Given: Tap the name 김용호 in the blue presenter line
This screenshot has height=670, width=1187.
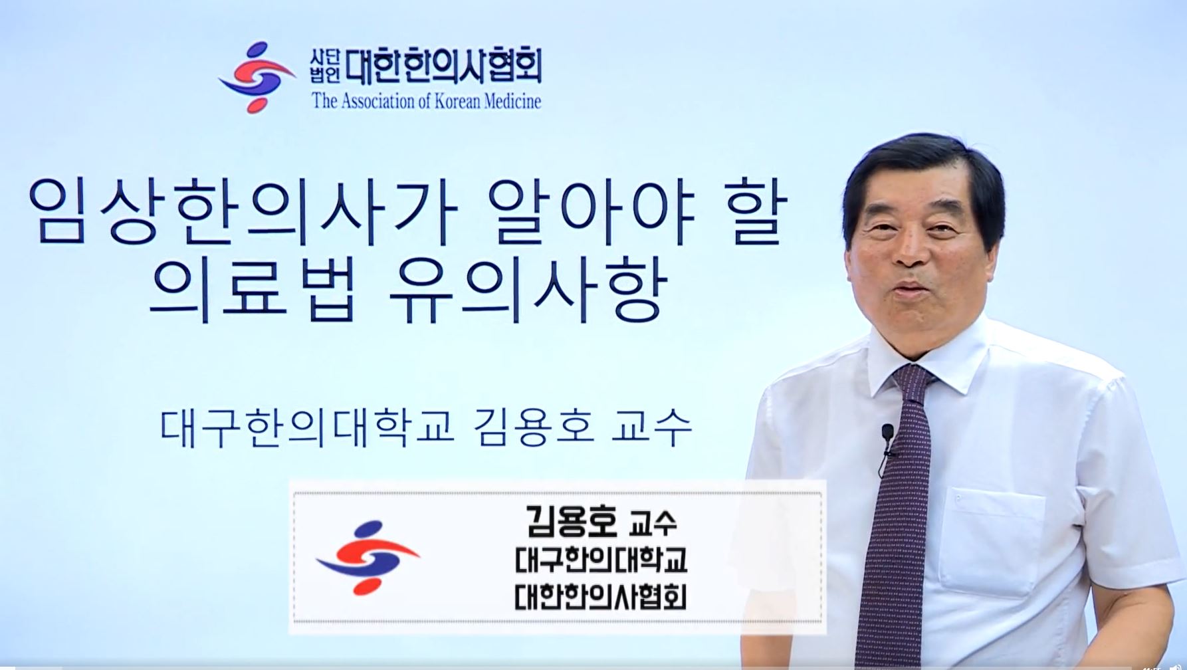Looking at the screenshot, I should [535, 427].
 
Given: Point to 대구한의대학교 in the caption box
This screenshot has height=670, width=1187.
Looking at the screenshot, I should [601, 560].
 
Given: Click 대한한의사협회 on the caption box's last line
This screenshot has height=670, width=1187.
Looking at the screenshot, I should [601, 596].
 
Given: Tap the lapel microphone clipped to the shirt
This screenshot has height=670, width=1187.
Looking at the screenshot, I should [887, 434].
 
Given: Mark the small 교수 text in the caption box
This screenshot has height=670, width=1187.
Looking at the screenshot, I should [653, 523].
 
